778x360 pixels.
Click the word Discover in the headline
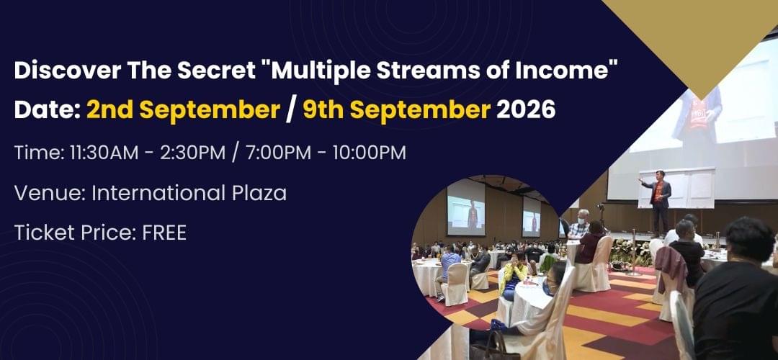coord(66,71)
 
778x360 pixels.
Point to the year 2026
coord(525,110)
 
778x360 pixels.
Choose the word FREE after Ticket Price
coord(164,233)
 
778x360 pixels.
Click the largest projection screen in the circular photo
coord(466,207)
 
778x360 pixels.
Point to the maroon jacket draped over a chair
coord(672,269)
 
